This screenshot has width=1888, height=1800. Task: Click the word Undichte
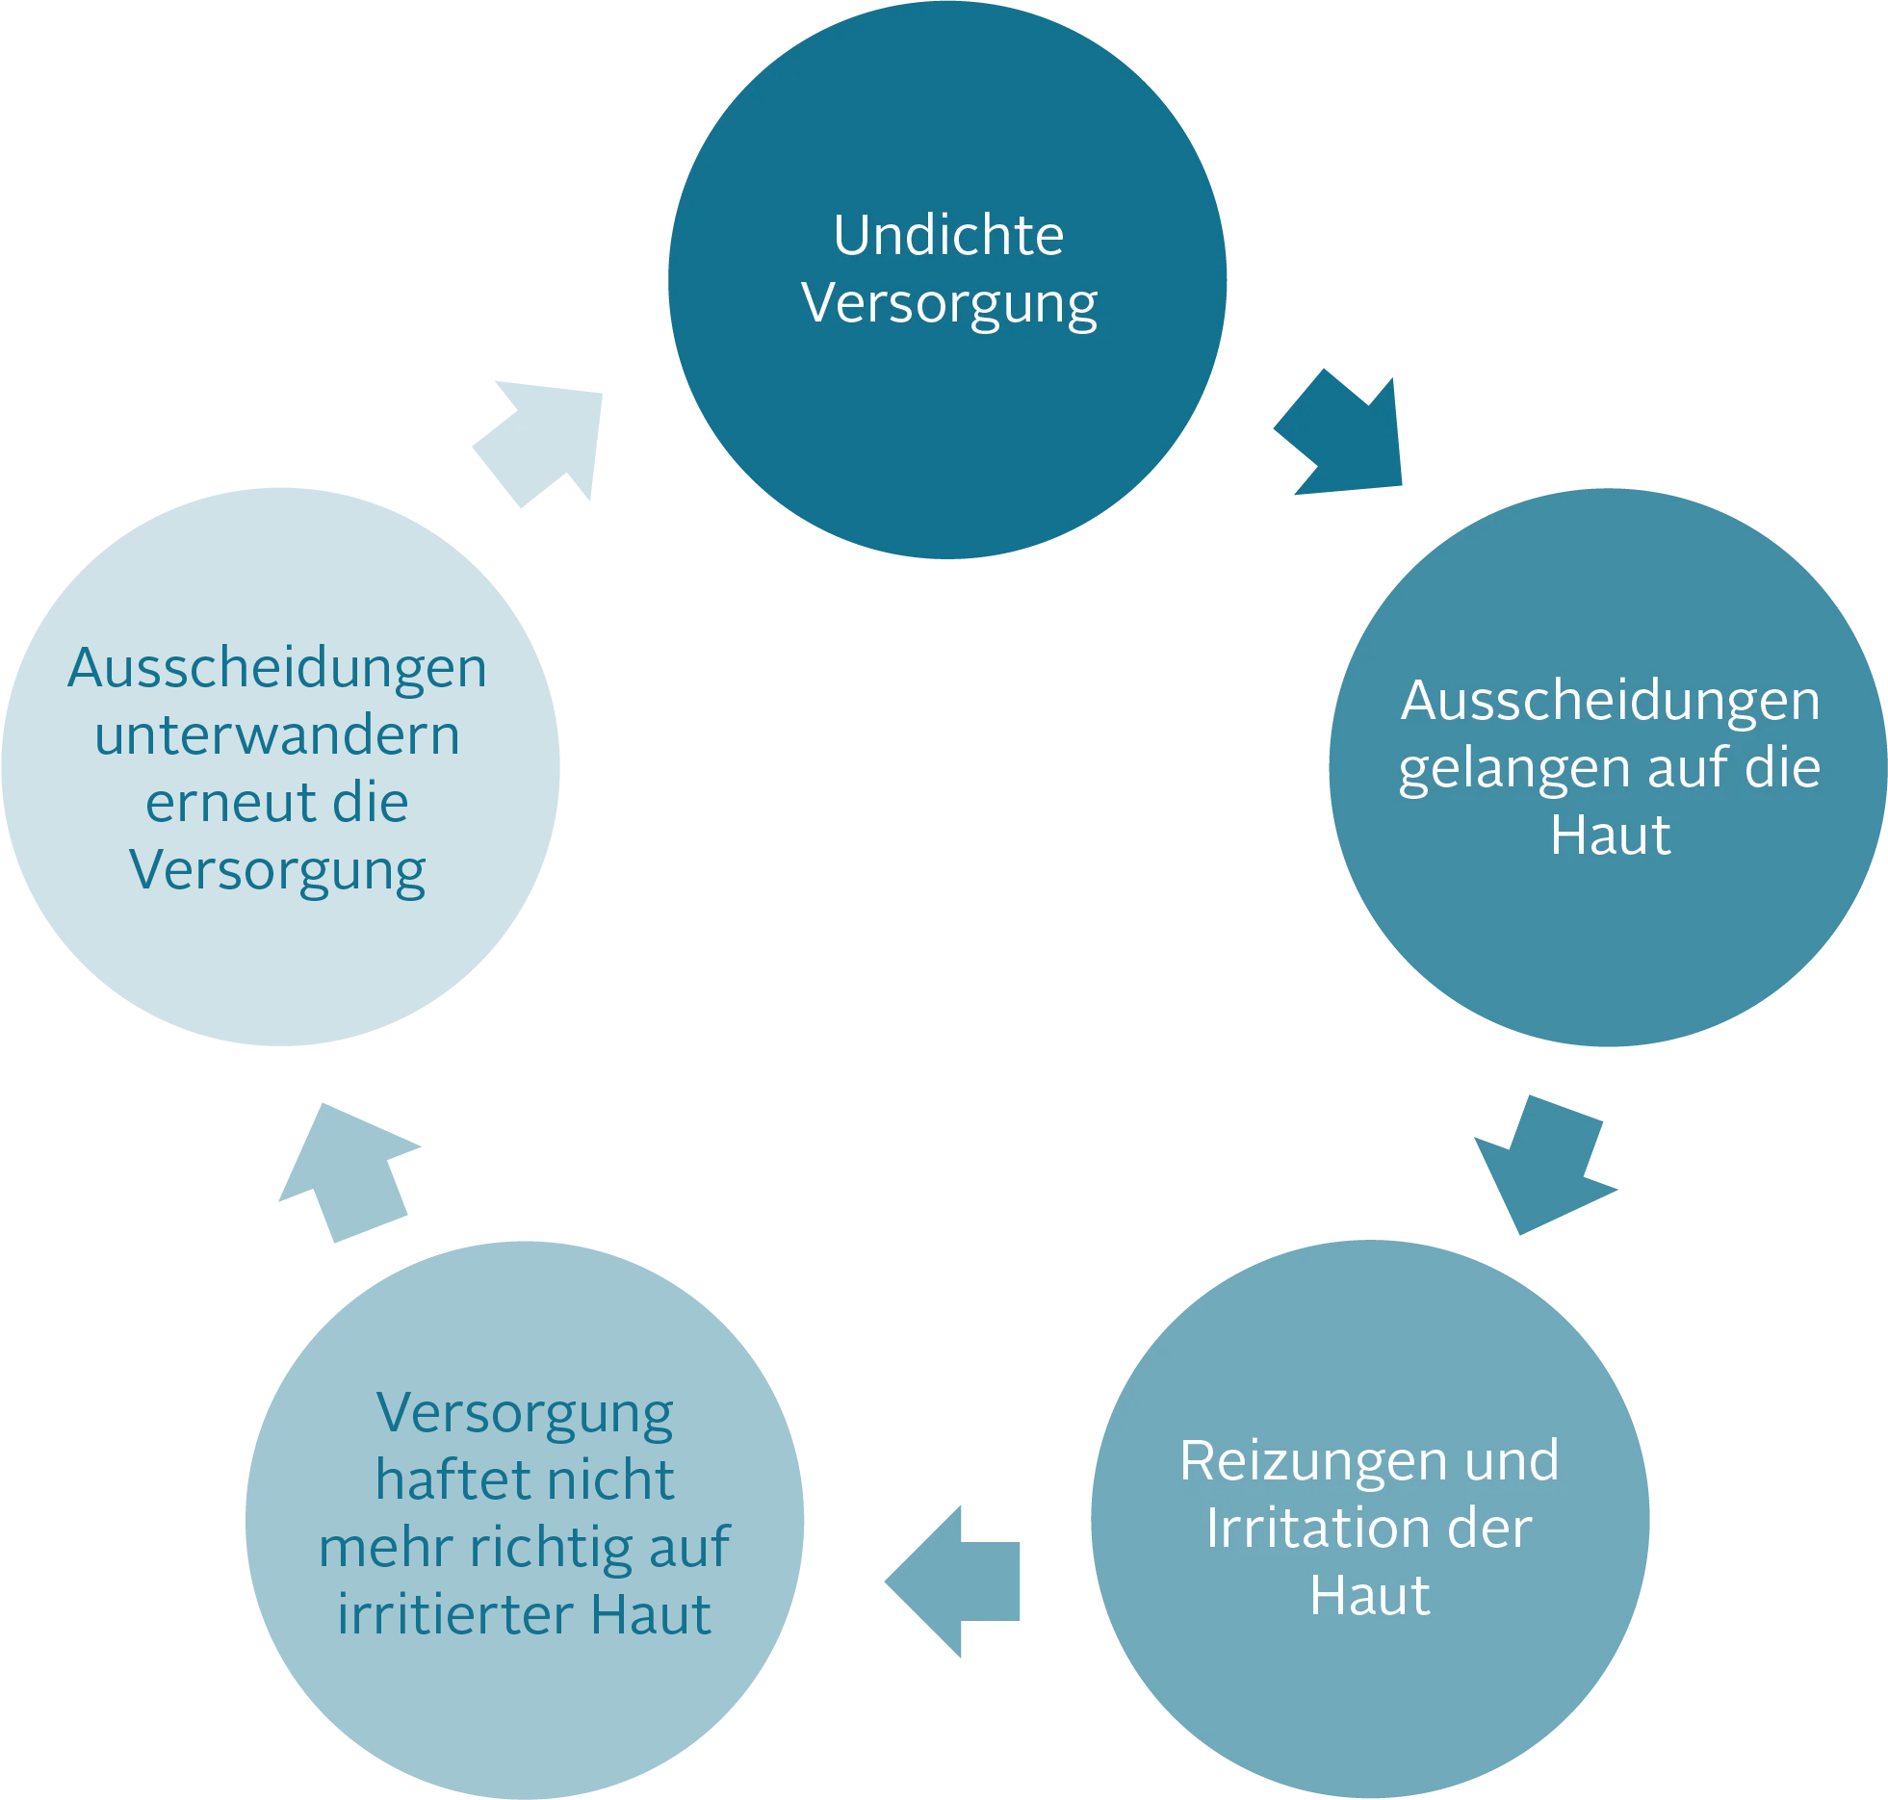coord(947,235)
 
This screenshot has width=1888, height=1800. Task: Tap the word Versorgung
coord(949,304)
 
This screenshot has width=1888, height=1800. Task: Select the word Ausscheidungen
coord(1610,701)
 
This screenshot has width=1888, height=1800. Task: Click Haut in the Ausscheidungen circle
coord(1610,835)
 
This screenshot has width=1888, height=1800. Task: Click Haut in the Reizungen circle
coord(1369,1596)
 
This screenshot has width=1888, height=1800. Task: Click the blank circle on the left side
coord(280,766)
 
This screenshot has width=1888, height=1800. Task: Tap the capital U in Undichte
coord(849,235)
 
